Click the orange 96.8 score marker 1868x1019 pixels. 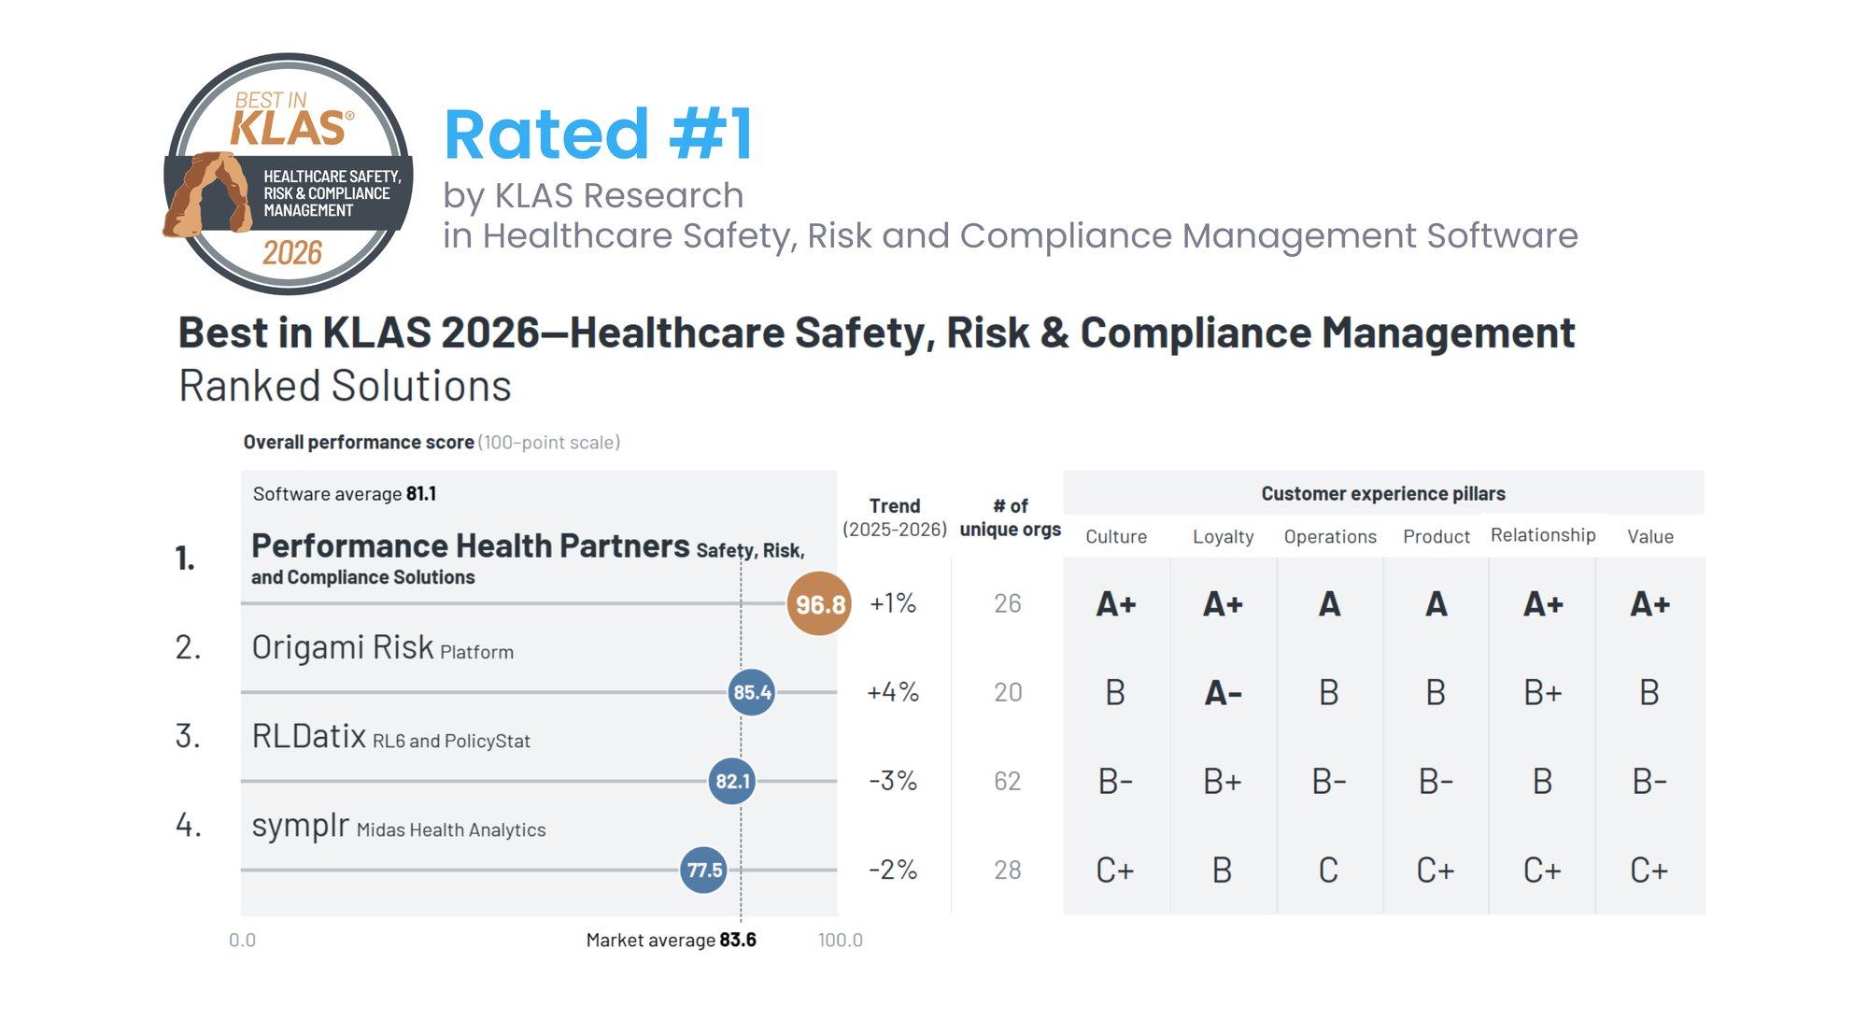coord(819,604)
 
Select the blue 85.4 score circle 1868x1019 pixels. coord(752,692)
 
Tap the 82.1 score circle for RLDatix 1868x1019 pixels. coord(732,781)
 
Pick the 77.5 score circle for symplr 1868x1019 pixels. coord(704,870)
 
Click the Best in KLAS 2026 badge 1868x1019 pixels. coord(289,175)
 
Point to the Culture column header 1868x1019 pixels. coord(1116,537)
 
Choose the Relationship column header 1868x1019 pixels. coord(1543,535)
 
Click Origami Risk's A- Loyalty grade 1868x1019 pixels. coord(1223,693)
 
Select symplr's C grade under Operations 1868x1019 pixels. coord(1328,870)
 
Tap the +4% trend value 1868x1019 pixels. coord(893,692)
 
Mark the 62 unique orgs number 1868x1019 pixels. coord(1008,781)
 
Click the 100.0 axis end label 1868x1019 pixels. coord(840,941)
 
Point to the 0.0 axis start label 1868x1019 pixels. coord(242,941)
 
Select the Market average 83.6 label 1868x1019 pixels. coord(671,941)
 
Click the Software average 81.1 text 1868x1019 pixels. coord(344,494)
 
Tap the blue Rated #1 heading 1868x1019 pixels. coord(598,134)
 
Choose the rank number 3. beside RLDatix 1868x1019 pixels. coord(188,736)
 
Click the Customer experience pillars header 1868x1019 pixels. coord(1383,494)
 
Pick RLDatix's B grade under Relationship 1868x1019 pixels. coord(1542,781)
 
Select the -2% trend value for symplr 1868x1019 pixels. coord(893,870)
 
